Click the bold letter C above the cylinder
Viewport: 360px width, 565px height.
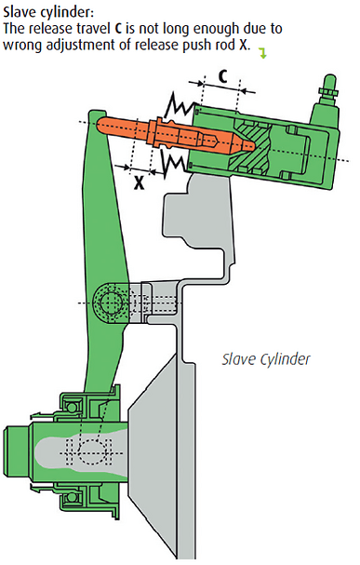tap(223, 76)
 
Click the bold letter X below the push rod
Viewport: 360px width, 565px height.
tap(140, 183)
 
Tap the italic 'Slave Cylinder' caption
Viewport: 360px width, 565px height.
tap(266, 359)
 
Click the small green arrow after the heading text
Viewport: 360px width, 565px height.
tap(263, 54)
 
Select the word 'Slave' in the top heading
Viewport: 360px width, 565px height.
tap(20, 13)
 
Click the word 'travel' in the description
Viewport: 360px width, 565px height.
tap(93, 29)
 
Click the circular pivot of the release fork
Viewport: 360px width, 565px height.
tap(110, 303)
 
